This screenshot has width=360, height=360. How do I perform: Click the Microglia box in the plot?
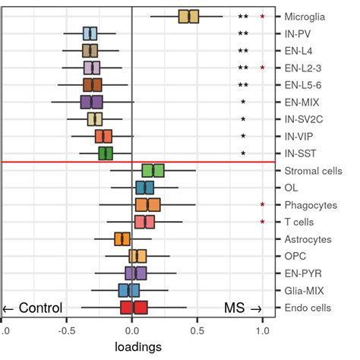pos(188,16)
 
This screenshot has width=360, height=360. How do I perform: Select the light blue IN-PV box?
pos(90,33)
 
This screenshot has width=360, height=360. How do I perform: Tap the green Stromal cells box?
pos(153,171)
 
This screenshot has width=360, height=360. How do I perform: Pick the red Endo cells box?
pos(134,307)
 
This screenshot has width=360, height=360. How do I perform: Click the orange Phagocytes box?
pos(147,204)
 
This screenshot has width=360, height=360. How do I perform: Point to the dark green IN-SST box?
pos(106,153)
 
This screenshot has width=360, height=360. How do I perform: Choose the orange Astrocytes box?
pos(122,239)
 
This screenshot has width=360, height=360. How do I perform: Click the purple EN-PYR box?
pos(135,273)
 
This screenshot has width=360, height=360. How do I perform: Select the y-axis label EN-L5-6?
pos(302,85)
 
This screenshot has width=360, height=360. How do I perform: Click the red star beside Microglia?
pos(262,16)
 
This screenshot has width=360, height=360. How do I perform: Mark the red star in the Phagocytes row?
pos(262,205)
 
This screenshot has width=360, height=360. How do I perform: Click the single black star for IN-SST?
pos(243,153)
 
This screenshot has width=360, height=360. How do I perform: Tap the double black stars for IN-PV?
pos(243,33)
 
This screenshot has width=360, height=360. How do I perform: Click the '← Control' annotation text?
pos(33,308)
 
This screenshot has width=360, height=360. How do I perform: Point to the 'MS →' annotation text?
pos(242,308)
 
